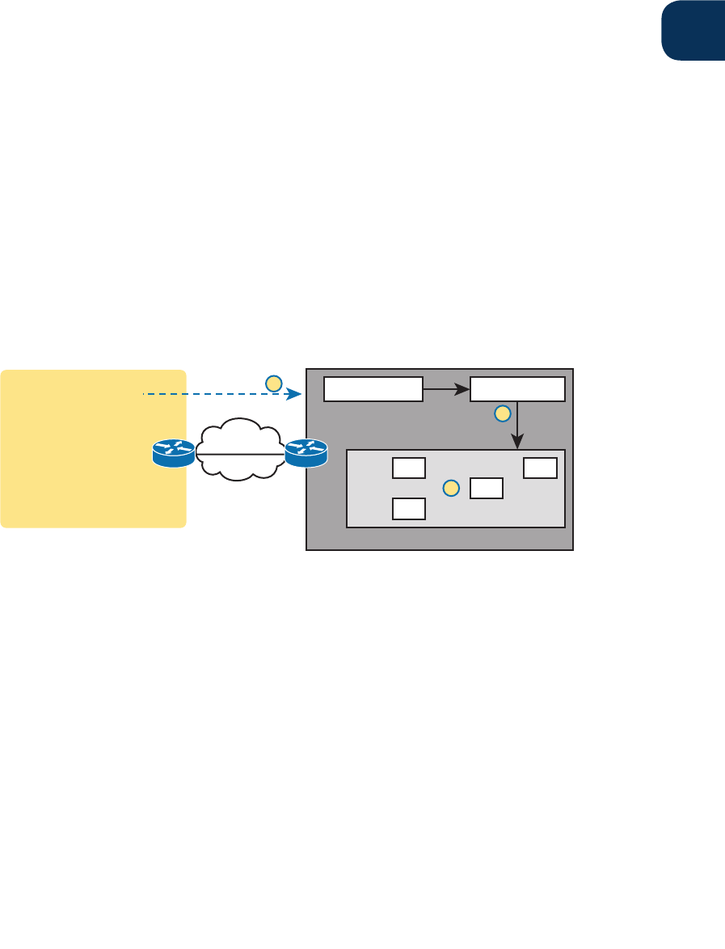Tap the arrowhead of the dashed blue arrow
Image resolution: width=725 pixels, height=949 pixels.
[x=296, y=394]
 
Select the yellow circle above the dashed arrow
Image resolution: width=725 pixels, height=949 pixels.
[x=273, y=382]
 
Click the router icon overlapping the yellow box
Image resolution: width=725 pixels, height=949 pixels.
[x=174, y=454]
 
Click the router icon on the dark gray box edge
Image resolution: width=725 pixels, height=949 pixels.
[x=306, y=453]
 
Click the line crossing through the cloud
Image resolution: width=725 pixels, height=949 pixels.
[x=239, y=454]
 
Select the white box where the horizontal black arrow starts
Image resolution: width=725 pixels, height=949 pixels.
[x=373, y=388]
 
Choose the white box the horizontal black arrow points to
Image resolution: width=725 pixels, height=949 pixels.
[x=518, y=388]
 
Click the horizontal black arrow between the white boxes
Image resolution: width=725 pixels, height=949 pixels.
[x=446, y=389]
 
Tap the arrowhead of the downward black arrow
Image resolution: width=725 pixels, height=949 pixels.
[x=517, y=443]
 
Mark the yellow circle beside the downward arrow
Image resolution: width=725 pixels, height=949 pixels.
[x=502, y=413]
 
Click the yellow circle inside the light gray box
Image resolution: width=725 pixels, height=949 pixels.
[x=452, y=488]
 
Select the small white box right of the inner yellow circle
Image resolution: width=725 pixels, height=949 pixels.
[x=487, y=488]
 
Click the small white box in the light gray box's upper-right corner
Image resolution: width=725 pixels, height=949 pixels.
[x=540, y=468]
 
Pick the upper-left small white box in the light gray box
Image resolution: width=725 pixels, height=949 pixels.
[x=409, y=468]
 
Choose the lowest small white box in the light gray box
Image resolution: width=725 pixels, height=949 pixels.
[x=409, y=508]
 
